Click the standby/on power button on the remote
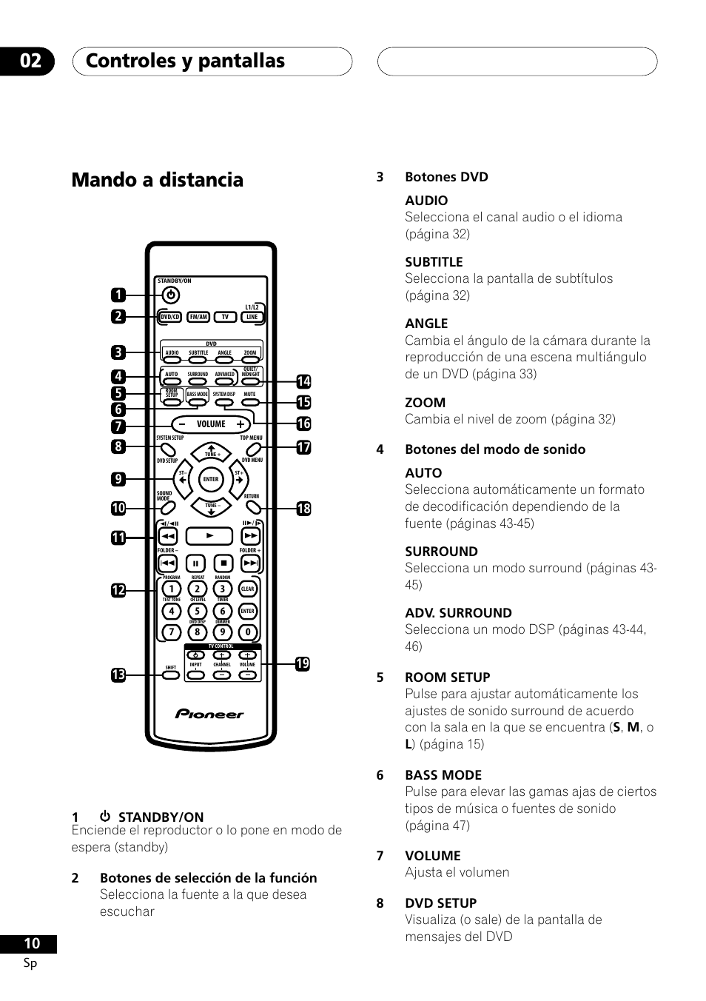point(170,295)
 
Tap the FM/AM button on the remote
point(198,317)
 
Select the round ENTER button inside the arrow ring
point(211,479)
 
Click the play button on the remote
point(210,535)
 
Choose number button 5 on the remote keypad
point(197,612)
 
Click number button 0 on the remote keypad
point(248,632)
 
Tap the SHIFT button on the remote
point(171,674)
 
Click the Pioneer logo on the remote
point(209,714)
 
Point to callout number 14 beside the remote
point(303,382)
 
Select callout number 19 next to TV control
point(302,664)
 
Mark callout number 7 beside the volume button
point(118,426)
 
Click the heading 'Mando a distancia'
point(158,180)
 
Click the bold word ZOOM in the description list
point(425,403)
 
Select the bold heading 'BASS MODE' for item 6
point(443,775)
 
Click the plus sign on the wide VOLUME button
point(240,424)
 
